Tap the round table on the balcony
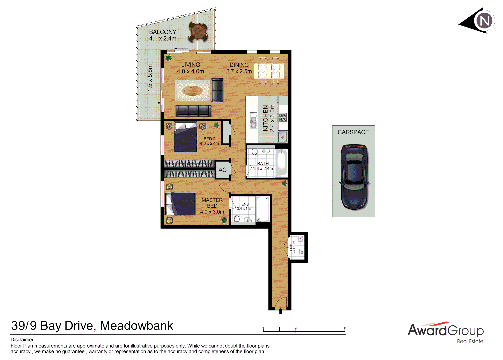click(198, 32)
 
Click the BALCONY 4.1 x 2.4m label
click(163, 35)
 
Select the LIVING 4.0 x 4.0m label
click(190, 68)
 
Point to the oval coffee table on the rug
click(193, 91)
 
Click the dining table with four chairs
click(269, 71)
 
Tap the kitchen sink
click(254, 120)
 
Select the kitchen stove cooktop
click(283, 118)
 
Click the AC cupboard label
click(222, 170)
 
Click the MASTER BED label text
click(212, 203)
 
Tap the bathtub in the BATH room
click(282, 163)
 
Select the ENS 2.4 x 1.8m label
click(245, 206)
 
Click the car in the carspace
click(354, 177)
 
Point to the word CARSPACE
click(353, 132)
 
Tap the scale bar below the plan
click(304, 330)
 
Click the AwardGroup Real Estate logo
click(445, 332)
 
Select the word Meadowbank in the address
click(136, 326)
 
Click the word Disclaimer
click(22, 340)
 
